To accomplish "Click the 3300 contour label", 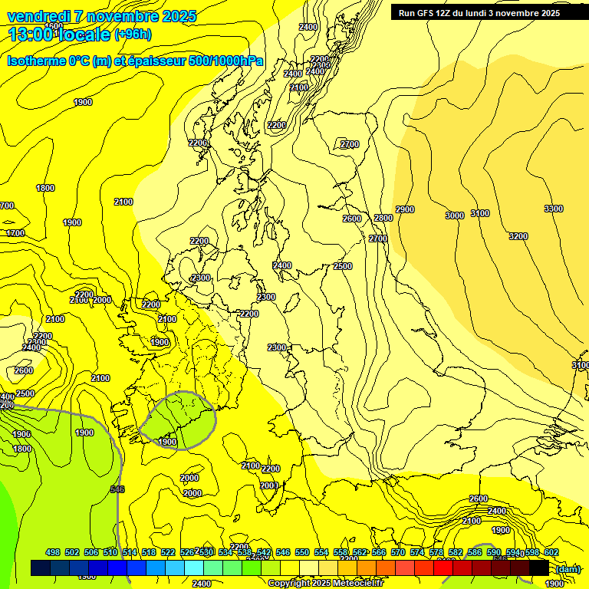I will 553,209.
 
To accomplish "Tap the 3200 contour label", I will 518,236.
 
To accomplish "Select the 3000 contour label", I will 455,216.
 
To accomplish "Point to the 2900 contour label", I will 405,209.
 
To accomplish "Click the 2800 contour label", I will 383,219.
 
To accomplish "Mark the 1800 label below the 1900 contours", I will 22,449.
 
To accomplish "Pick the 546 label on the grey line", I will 117,489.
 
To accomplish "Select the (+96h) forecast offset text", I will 133,35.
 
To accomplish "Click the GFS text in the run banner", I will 430,13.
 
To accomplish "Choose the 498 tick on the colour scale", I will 53,552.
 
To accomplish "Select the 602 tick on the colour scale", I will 551,552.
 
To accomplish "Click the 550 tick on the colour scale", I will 302,552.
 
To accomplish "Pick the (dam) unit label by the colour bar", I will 568,569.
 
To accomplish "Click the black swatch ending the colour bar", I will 538,568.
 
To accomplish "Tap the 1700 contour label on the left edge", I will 15,233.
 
